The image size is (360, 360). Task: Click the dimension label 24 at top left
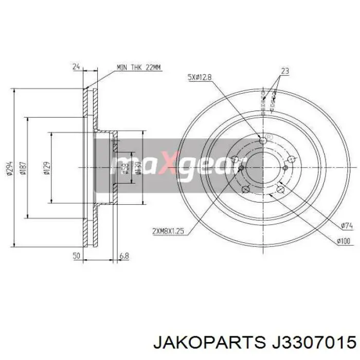coord(76,66)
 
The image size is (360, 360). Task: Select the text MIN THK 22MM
coord(139,67)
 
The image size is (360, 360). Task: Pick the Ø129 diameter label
coord(46,167)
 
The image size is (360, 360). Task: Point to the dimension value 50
coord(76,255)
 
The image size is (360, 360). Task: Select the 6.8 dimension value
coord(124,255)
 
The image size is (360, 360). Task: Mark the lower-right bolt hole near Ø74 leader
coord(280,190)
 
